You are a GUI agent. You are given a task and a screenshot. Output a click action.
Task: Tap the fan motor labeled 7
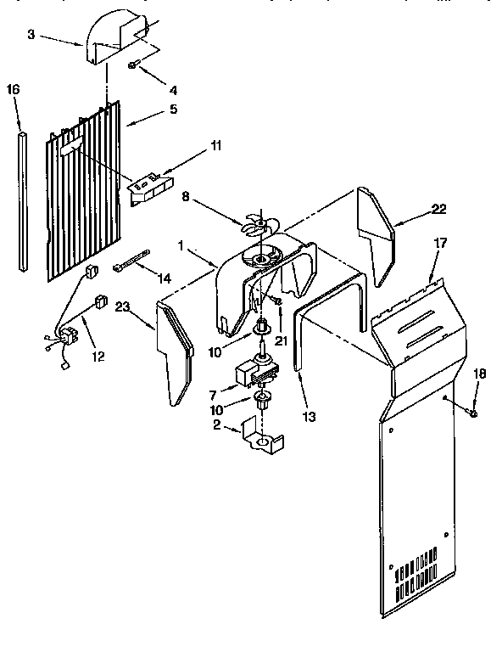254,372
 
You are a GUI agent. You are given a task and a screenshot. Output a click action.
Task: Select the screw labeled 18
473,412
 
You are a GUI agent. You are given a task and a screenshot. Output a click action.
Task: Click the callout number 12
98,357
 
